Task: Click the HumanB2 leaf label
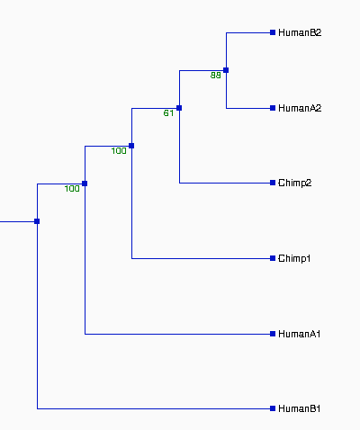(300, 32)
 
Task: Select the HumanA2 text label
(300, 108)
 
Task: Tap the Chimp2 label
(295, 183)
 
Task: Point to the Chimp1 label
(294, 258)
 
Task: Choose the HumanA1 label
(300, 334)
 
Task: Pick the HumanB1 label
(300, 408)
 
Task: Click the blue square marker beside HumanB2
(273, 32)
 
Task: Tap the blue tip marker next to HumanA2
(273, 108)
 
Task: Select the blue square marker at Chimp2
(273, 183)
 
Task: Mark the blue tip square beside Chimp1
(273, 258)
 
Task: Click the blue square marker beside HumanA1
(273, 334)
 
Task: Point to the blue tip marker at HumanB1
(273, 408)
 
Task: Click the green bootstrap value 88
(216, 76)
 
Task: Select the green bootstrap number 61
(168, 113)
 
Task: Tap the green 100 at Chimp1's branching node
(119, 151)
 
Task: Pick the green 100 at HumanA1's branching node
(72, 189)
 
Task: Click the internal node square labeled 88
(226, 70)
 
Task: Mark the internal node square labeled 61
(179, 108)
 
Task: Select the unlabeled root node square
(37, 221)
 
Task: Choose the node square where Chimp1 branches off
(131, 146)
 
